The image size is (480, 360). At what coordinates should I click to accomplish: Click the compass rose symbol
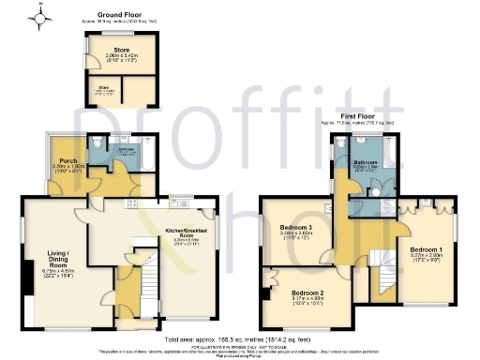(x=42, y=17)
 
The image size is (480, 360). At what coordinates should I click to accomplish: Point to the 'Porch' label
(x=66, y=158)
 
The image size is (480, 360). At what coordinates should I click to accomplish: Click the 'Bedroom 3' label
(x=296, y=229)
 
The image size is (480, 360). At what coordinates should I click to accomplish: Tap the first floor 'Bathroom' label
(x=367, y=163)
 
